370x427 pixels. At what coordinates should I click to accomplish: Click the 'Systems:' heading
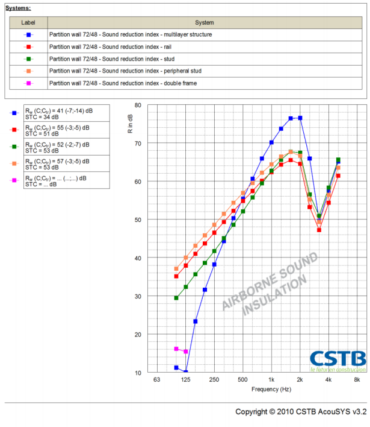pos(18,8)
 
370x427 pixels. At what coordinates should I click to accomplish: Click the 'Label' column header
pos(28,22)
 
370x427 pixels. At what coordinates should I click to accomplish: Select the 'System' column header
pos(205,22)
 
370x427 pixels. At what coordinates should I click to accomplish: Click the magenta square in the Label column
pos(28,83)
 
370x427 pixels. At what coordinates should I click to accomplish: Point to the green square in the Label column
pos(28,59)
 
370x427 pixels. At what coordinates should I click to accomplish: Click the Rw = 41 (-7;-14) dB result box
pos(66,113)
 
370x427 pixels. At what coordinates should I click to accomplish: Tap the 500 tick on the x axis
pos(242,380)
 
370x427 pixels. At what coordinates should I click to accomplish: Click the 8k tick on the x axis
pos(357,380)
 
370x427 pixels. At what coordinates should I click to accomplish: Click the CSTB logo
pos(338,360)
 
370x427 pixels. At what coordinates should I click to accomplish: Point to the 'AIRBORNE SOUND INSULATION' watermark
pos(270,283)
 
